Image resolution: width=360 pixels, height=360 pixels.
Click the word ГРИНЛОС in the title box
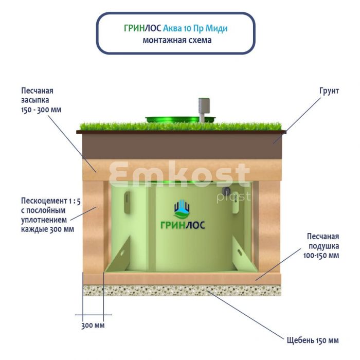point(142,28)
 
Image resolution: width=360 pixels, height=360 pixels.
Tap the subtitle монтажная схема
point(177,40)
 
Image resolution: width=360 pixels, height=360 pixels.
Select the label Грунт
point(329,91)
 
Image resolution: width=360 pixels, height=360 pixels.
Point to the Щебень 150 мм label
point(313,340)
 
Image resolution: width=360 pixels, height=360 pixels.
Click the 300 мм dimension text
point(93,326)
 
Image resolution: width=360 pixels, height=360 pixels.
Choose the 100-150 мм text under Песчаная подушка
point(321,256)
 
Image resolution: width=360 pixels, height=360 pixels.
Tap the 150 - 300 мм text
point(41,110)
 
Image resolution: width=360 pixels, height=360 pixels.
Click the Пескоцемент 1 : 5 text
point(51,201)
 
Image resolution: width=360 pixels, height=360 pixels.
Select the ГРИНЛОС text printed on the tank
point(183,225)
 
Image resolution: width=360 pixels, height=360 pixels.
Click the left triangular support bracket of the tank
point(118,256)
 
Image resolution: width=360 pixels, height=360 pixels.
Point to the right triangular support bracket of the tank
point(244,255)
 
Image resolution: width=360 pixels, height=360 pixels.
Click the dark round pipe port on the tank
point(227,190)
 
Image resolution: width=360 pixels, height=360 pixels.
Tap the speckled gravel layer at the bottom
point(182,291)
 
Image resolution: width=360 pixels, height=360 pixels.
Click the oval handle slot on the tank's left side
point(127,203)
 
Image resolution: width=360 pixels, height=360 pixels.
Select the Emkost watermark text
point(179,174)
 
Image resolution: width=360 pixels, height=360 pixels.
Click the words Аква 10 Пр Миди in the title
point(195,28)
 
